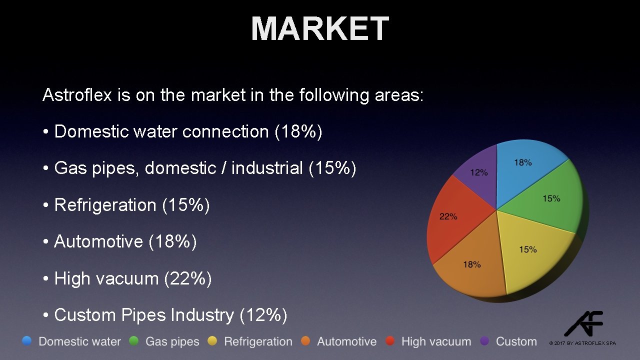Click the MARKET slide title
320,28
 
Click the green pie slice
547,200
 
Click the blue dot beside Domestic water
27,341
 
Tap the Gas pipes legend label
172,342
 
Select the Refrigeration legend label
258,342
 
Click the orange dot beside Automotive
306,341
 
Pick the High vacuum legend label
436,342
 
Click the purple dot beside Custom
484,341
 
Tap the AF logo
584,323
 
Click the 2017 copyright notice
582,343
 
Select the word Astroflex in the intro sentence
77,95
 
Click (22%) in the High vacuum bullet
188,278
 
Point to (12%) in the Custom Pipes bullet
263,315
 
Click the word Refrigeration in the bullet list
105,205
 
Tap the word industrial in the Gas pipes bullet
267,168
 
